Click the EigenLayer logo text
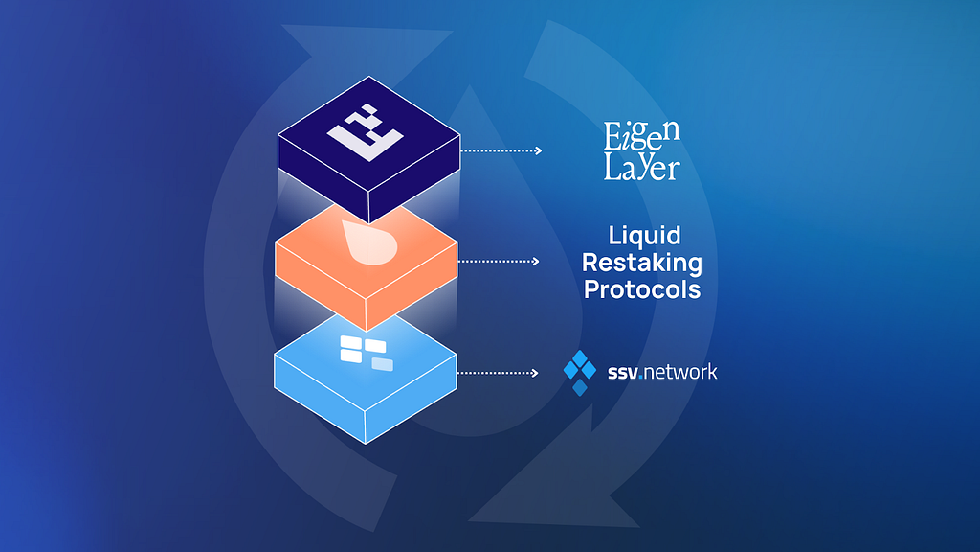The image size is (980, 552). pos(641,151)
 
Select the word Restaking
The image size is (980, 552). pos(642,263)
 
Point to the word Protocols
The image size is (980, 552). pos(642,289)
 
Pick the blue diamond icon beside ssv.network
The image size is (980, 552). pos(580,372)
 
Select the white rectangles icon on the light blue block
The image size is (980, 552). pos(365,353)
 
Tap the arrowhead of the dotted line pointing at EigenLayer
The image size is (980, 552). pos(538,150)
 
